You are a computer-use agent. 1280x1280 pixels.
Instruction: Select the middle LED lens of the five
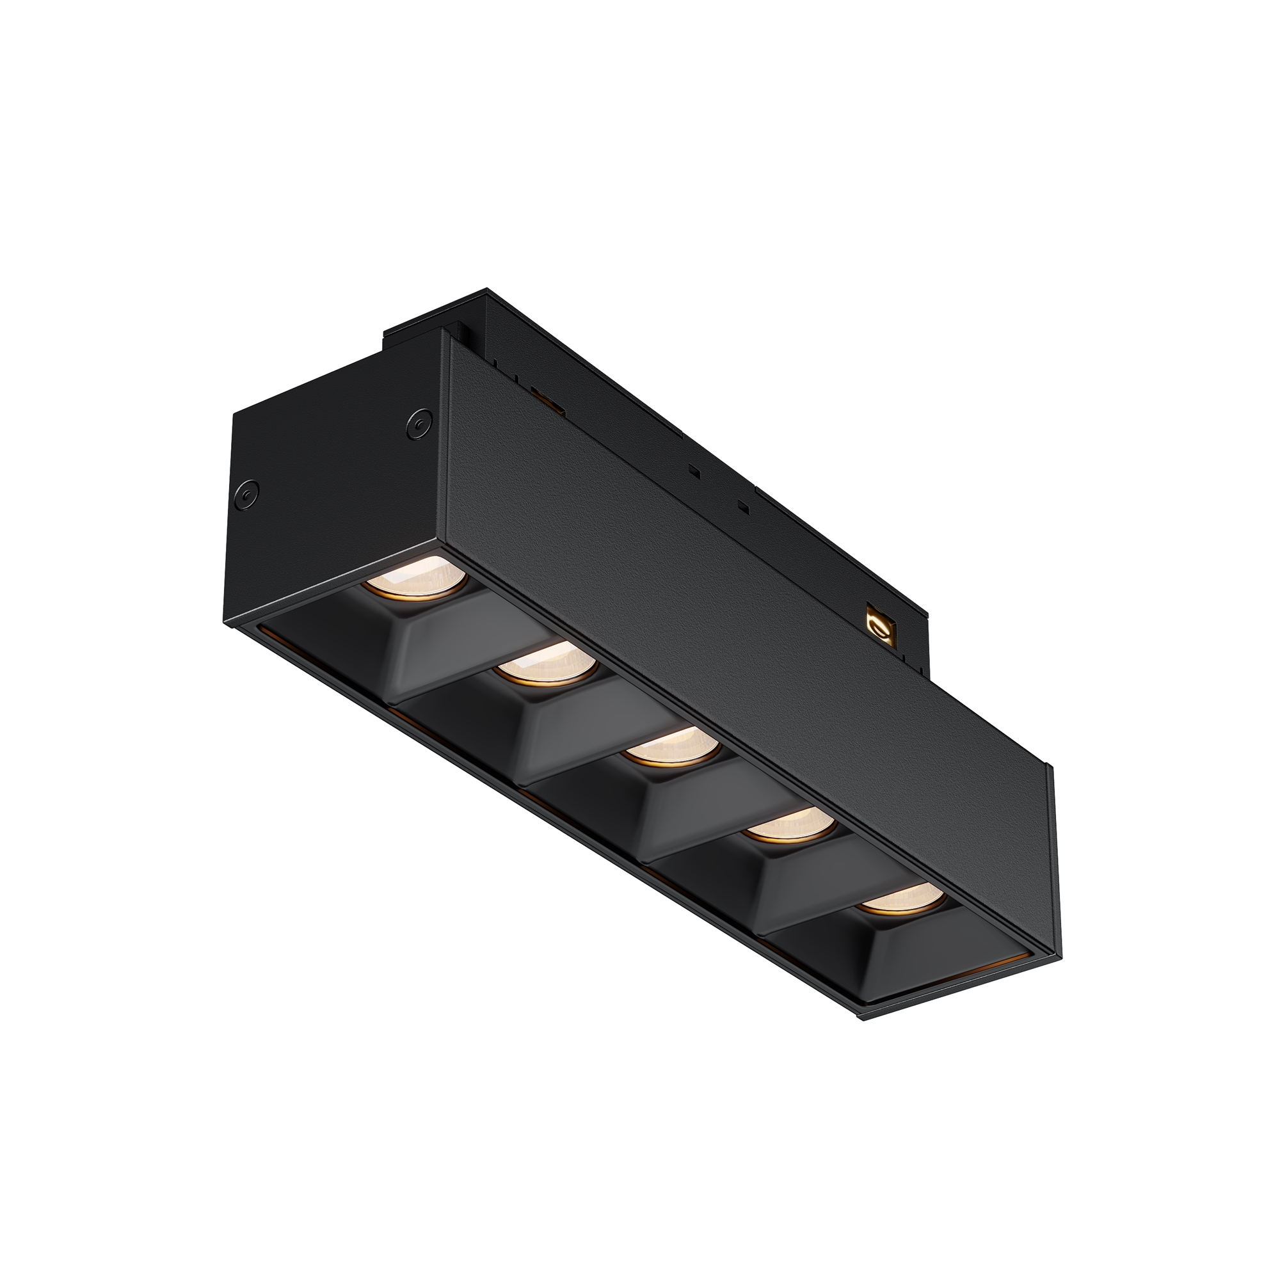(x=671, y=749)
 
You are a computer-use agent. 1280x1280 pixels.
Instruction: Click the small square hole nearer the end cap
(x=694, y=472)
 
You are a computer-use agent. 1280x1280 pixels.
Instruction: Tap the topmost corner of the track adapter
(x=487, y=289)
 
